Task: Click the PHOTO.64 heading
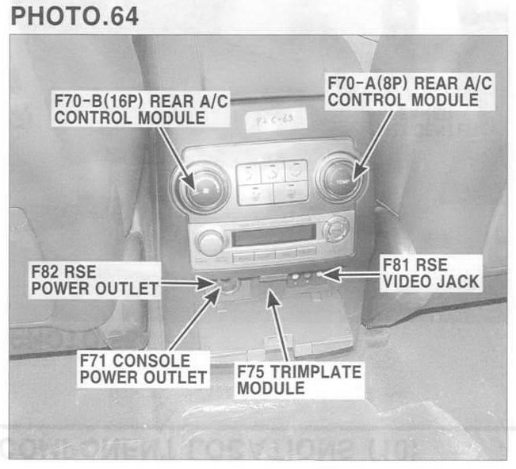click(71, 17)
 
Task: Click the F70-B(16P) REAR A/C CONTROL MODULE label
click(132, 110)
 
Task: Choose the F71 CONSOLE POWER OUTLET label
click(143, 367)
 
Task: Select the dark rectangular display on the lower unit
click(270, 236)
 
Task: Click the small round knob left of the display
click(211, 241)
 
